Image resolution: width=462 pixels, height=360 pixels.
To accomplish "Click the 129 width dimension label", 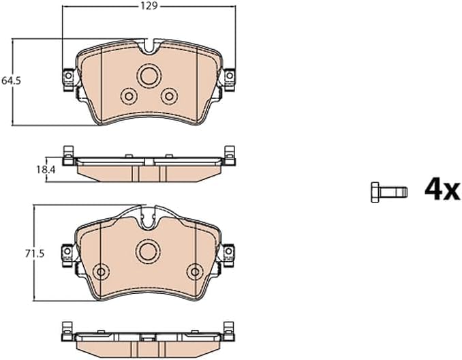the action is (x=149, y=6).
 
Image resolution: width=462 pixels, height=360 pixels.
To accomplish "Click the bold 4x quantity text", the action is (x=442, y=190).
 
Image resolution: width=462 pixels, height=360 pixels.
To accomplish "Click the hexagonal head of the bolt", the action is (x=375, y=192).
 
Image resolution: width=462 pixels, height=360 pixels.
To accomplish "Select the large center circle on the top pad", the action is (x=149, y=76).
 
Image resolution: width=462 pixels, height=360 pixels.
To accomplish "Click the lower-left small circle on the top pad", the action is (x=129, y=96).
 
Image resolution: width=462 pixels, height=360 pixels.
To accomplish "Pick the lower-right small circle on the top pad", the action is (x=170, y=96).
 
